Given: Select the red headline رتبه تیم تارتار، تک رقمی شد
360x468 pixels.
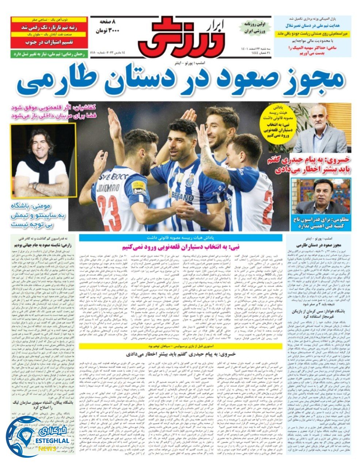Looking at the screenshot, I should click(49, 27).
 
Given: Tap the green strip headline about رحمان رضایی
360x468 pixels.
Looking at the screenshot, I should click(49, 54).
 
